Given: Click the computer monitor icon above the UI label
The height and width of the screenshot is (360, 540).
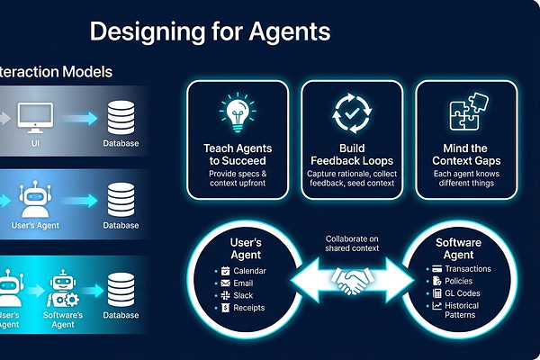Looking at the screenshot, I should [x=34, y=115].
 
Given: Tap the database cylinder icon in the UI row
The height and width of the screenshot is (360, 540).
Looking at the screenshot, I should [x=121, y=116].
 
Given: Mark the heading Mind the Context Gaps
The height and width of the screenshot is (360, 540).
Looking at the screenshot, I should [x=466, y=153].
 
